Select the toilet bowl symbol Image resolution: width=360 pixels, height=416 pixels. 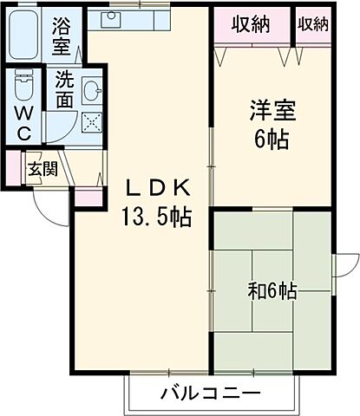24,88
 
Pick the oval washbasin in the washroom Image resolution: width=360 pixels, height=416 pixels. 93,89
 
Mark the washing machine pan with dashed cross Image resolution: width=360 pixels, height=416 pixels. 92,121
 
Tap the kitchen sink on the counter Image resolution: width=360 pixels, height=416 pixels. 114,18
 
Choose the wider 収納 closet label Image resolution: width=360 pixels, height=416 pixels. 250,24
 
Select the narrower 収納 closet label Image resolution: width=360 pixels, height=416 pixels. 313,24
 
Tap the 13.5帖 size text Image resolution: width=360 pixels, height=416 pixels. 159,216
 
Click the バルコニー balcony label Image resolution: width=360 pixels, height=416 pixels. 210,394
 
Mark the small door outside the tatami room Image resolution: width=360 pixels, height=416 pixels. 346,265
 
